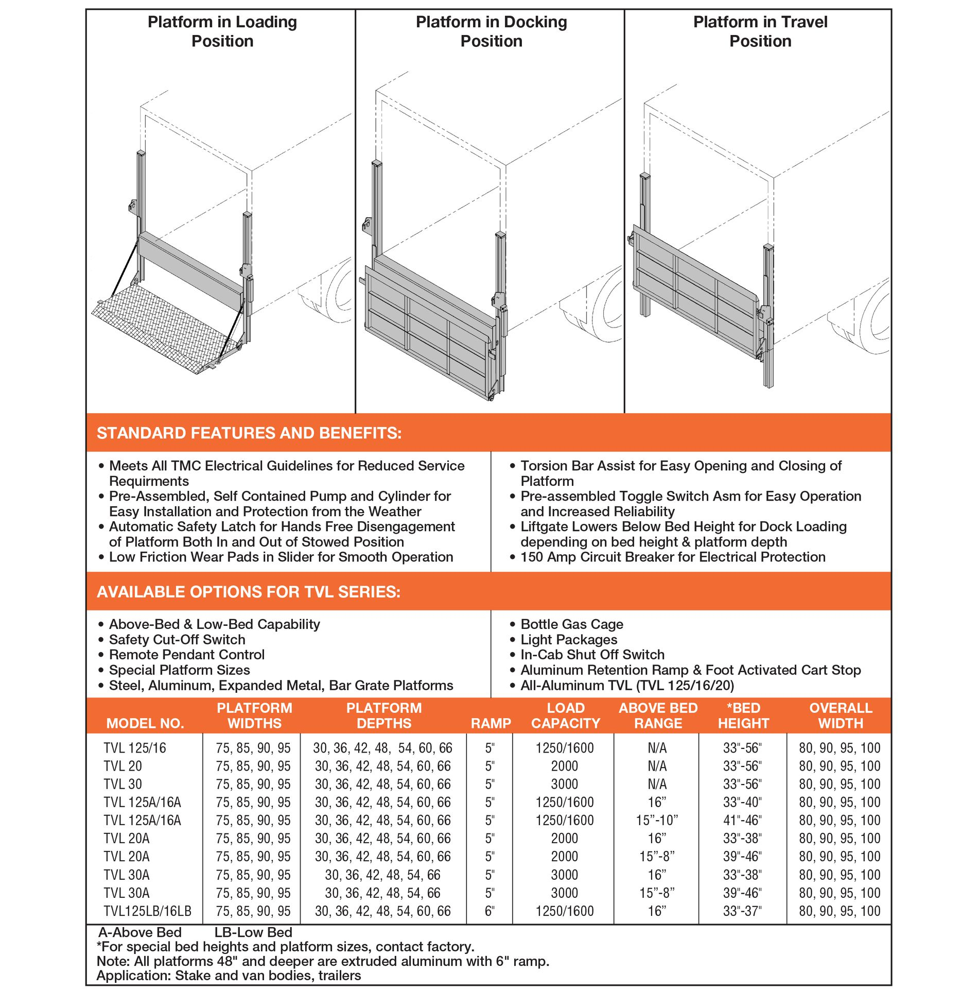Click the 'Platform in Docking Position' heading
tap(491, 31)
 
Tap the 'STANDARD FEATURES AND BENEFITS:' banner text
tap(249, 433)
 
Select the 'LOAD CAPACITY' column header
tap(565, 715)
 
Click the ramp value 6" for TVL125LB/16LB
tap(489, 911)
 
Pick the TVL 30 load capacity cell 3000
tap(564, 784)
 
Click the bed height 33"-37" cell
tap(742, 911)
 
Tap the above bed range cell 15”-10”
tap(657, 820)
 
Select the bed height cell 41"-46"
tap(742, 820)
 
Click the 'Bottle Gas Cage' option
tap(571, 624)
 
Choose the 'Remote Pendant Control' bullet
tap(186, 655)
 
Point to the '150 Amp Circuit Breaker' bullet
tap(672, 557)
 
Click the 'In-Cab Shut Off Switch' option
tap(592, 655)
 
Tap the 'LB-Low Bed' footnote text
tap(253, 932)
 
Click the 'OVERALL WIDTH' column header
tap(840, 715)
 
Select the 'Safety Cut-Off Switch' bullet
tap(177, 640)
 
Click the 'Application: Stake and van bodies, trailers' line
tap(229, 976)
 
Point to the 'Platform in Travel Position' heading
tap(760, 31)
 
